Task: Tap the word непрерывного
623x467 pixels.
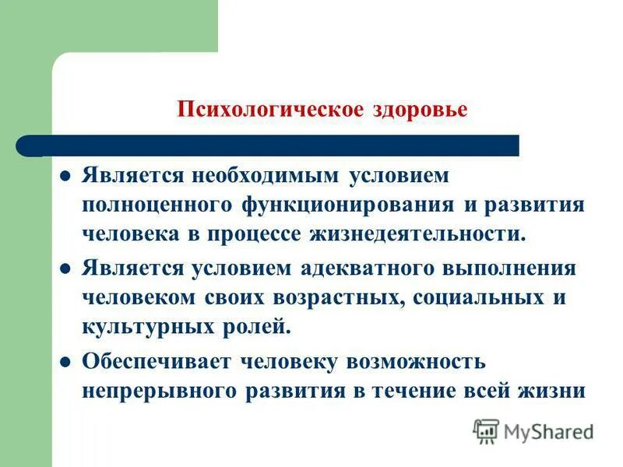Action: click(155, 392)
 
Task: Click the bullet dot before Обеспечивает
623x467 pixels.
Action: click(66, 362)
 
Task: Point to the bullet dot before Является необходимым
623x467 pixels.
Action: click(66, 175)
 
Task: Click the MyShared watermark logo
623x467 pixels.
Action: click(534, 430)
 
